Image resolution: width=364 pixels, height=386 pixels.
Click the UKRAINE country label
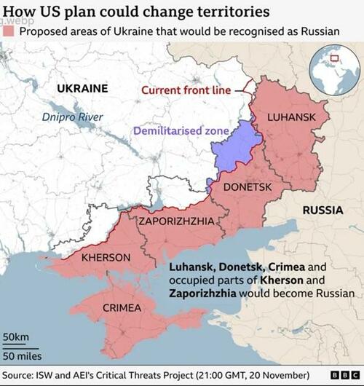(x=82, y=88)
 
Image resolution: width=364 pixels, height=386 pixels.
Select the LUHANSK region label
(x=291, y=117)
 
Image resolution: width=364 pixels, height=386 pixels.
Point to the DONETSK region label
(x=246, y=187)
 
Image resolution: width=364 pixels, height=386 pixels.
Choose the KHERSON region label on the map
(x=106, y=257)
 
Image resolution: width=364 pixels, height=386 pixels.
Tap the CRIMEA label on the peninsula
(x=122, y=307)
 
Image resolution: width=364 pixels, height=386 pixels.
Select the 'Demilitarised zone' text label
(x=181, y=131)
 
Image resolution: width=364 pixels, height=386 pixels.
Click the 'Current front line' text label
(x=186, y=90)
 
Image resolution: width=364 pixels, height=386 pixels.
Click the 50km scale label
(x=15, y=337)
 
